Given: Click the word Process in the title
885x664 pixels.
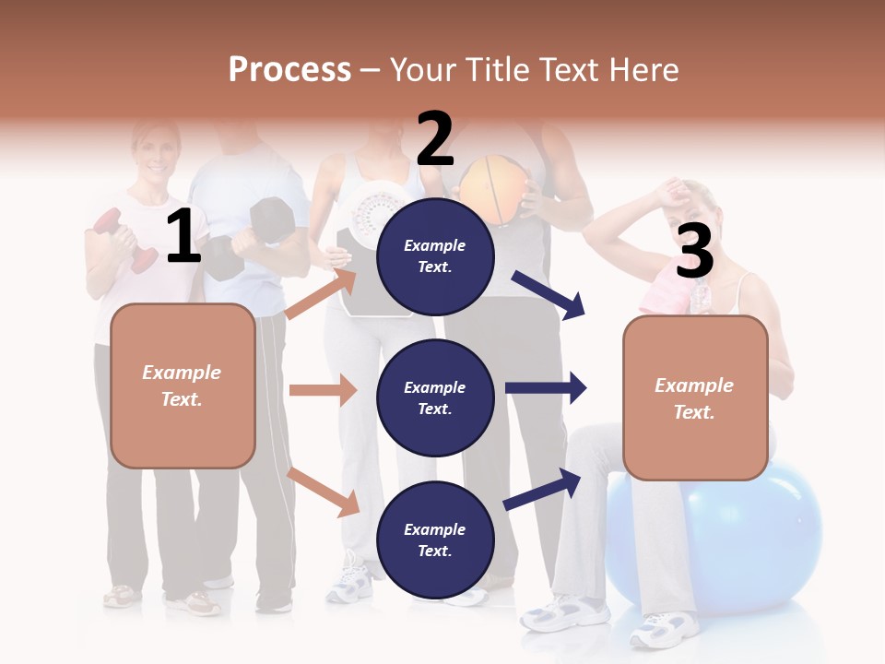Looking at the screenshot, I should [289, 70].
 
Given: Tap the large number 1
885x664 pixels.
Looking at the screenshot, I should [183, 237].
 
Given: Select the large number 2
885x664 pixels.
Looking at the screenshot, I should [435, 138].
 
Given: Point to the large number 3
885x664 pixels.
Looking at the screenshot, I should [694, 251].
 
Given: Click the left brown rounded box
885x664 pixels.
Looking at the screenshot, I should [183, 385].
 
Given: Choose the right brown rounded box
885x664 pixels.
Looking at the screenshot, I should [695, 398].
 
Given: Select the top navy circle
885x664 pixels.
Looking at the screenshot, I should [435, 256].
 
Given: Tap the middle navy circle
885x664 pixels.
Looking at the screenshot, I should [435, 398].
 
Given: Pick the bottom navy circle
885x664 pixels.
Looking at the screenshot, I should [435, 540].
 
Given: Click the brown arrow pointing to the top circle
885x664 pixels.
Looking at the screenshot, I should [322, 295].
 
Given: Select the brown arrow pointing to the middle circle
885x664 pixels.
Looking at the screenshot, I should [323, 390].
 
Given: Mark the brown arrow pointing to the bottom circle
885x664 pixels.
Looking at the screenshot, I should [324, 491].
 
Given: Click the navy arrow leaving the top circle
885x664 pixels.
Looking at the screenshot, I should [549, 295].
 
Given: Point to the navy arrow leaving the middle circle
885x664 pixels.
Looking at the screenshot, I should [546, 387].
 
